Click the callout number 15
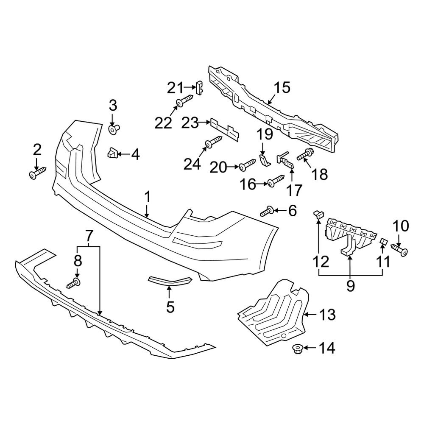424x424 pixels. [x=282, y=88]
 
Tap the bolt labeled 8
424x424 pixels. [x=74, y=282]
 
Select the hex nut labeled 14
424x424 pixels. [x=296, y=349]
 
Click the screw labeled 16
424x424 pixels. [x=275, y=182]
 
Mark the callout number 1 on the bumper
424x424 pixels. [x=148, y=197]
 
